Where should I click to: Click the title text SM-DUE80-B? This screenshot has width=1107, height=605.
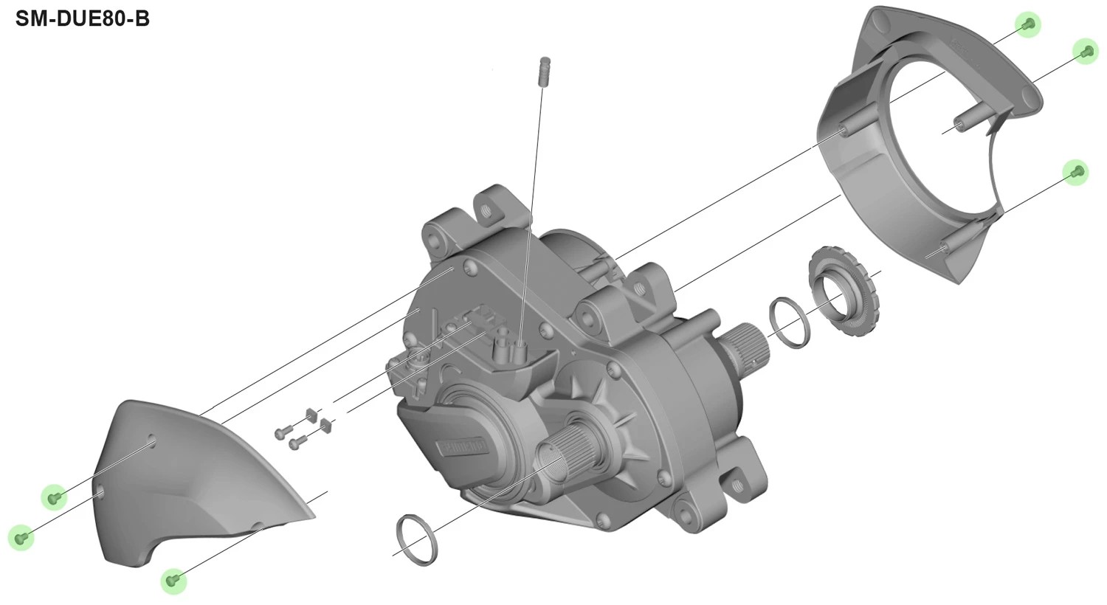(x=83, y=18)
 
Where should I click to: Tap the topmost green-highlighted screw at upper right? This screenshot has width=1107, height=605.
(x=1027, y=24)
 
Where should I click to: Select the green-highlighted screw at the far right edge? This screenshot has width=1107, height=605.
(x=1085, y=51)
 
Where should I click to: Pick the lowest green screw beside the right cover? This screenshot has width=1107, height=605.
(x=1076, y=172)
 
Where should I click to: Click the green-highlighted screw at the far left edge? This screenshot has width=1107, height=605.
(x=21, y=537)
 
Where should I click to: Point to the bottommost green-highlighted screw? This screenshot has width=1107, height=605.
(x=173, y=581)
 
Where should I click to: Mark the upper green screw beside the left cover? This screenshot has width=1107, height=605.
(x=53, y=497)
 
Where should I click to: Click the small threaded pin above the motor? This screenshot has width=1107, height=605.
(x=545, y=71)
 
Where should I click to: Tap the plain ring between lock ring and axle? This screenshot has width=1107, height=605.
(x=790, y=322)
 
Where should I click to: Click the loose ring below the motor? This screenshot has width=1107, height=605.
(x=417, y=540)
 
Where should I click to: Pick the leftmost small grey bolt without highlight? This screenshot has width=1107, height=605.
(x=280, y=434)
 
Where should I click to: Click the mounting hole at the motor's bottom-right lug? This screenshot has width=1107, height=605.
(x=736, y=485)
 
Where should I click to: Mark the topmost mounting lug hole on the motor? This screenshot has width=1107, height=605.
(x=486, y=210)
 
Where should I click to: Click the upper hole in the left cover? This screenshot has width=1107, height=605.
(x=152, y=442)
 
